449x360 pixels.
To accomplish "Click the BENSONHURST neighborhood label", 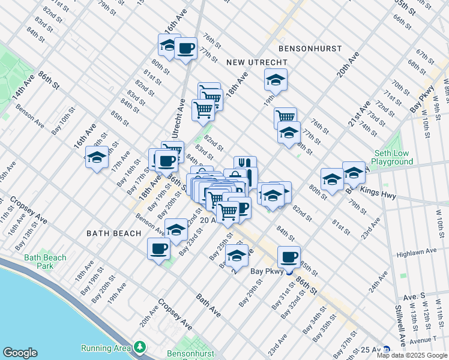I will click(x=310, y=48).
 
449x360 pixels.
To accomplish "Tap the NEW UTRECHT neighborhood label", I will click(x=256, y=62).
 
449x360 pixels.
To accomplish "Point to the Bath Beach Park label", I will click(x=45, y=262).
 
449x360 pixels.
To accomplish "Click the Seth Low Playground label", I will click(x=391, y=157).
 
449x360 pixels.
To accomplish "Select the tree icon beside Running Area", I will click(x=139, y=347).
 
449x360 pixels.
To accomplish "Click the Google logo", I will click(x=20, y=353).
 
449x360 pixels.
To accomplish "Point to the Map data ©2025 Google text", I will click(x=411, y=355).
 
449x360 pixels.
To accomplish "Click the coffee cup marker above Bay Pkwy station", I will click(x=289, y=257).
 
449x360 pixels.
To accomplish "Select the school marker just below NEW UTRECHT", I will click(x=276, y=79).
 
